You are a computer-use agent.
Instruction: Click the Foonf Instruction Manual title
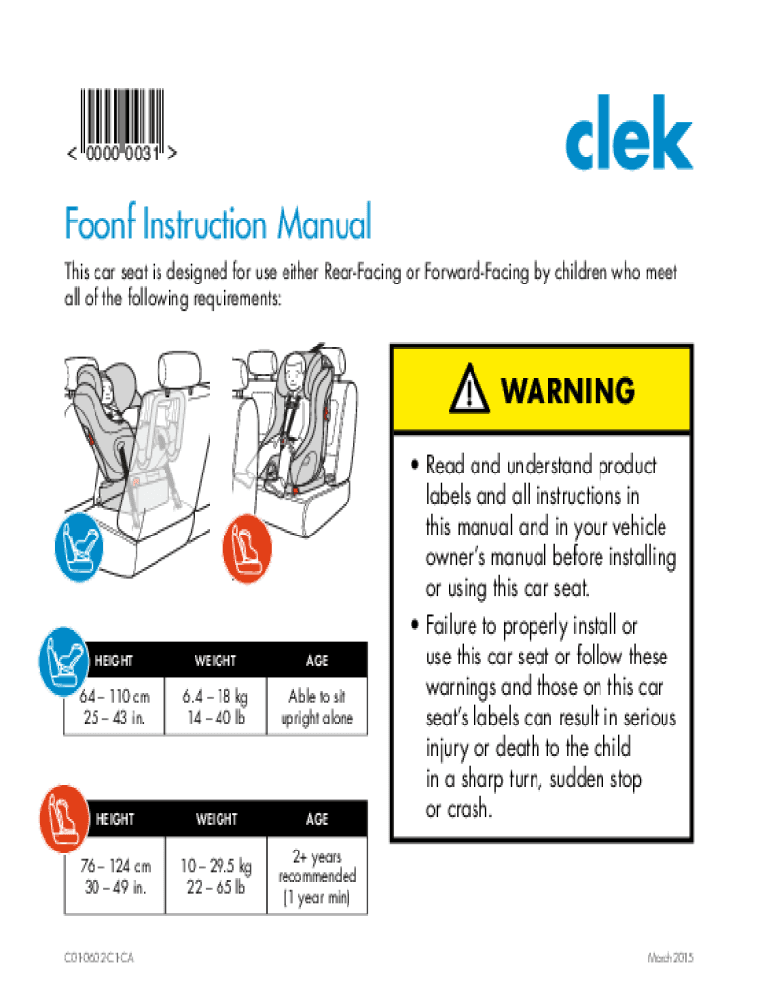coord(218,224)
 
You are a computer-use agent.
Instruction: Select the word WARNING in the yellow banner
coord(567,391)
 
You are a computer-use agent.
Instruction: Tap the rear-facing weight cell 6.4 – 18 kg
coord(216,707)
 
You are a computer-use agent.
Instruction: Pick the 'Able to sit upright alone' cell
coord(316,707)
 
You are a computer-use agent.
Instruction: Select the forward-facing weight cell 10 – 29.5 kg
coord(216,876)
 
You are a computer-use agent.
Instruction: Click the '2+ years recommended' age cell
coord(316,876)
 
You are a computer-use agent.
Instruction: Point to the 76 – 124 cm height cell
coord(116,876)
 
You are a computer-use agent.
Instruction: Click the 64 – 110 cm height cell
coord(116,707)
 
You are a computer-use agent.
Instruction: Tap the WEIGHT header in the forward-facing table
coord(216,819)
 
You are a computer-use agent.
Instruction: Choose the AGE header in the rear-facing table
coord(316,661)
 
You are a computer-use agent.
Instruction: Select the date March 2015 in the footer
coord(670,959)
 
